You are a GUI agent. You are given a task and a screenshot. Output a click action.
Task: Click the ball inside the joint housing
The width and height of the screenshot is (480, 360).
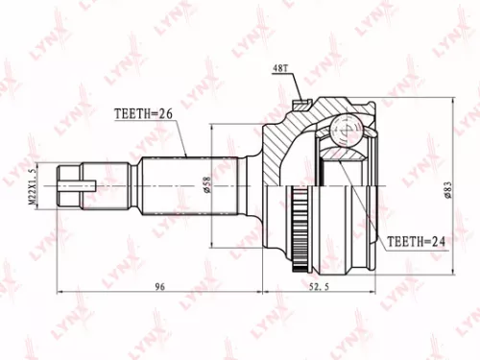(342, 130)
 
